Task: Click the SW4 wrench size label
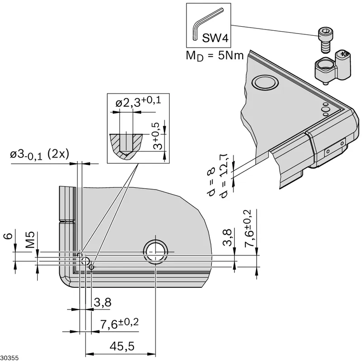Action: point(215,38)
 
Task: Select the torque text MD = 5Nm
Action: point(214,56)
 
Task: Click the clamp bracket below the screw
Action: point(333,67)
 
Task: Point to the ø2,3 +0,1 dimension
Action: point(138,102)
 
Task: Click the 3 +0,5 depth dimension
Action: point(157,136)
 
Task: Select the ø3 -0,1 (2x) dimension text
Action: point(39,154)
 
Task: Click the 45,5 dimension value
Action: point(122,346)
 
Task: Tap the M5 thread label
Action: point(30,240)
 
